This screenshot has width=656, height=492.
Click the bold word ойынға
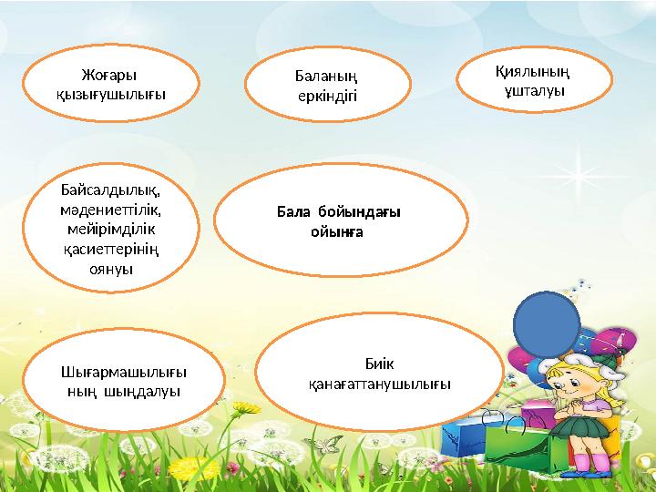(x=338, y=231)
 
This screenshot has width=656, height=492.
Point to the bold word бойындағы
(x=359, y=212)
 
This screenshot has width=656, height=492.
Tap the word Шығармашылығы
(x=111, y=373)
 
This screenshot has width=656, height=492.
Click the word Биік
(x=379, y=364)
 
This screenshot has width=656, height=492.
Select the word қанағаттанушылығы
(x=379, y=384)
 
